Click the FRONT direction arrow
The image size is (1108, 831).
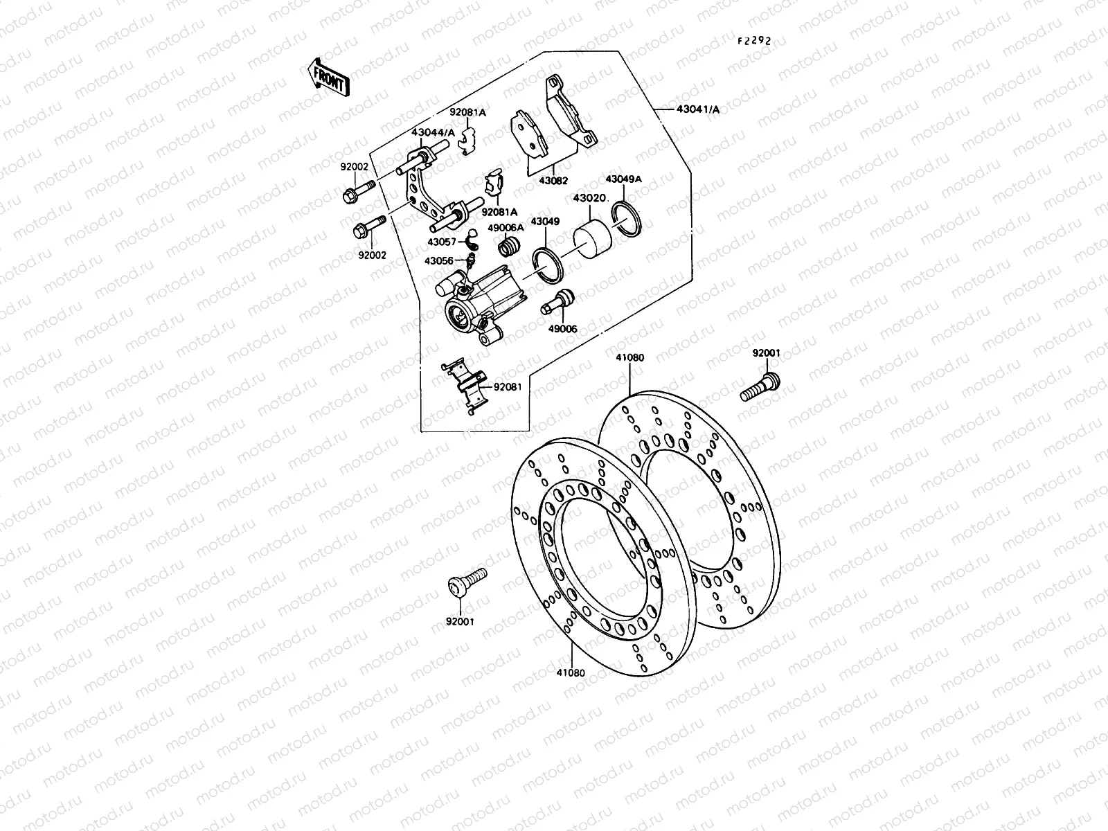tap(328, 77)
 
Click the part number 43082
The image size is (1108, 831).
tap(553, 180)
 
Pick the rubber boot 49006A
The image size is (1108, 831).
tap(510, 247)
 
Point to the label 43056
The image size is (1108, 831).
tap(440, 261)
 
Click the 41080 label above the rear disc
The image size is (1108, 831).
tap(629, 358)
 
